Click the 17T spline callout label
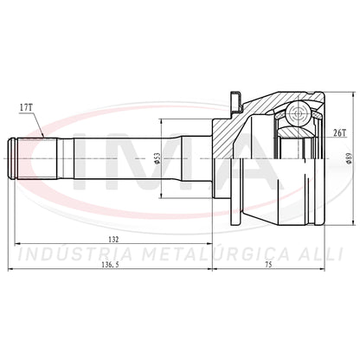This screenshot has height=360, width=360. coord(26,107)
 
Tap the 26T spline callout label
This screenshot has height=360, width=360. coord(339,132)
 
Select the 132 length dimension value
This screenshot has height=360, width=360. coord(113,239)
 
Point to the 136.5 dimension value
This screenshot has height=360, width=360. coord(110,265)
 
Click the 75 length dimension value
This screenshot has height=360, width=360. coord(268,265)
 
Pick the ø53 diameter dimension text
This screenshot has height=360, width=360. coord(157,158)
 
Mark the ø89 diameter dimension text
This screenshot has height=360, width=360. coord(349,158)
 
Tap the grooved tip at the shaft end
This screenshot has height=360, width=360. coord(13,158)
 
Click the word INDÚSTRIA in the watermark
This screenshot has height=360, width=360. coord(75,254)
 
